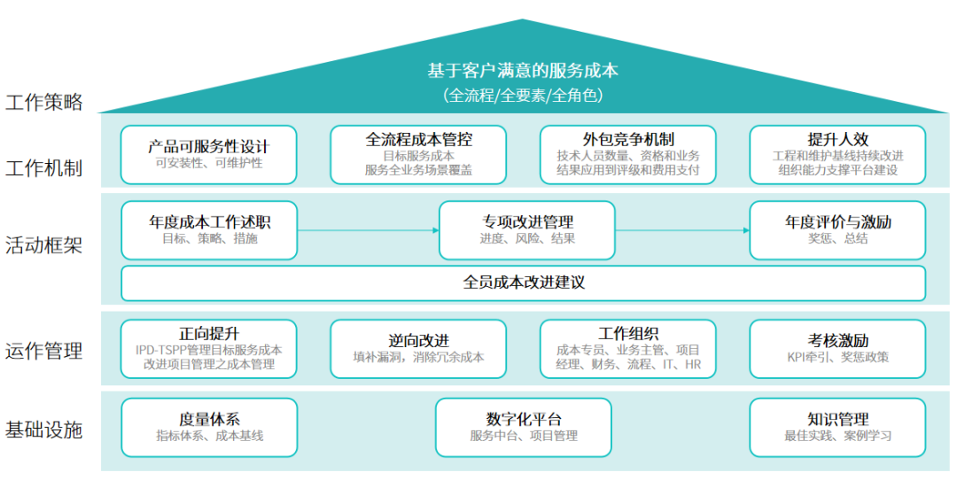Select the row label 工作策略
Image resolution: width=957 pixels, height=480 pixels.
pyautogui.click(x=44, y=102)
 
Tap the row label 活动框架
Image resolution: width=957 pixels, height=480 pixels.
pyautogui.click(x=44, y=245)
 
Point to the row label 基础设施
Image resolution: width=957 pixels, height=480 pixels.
pyautogui.click(x=44, y=430)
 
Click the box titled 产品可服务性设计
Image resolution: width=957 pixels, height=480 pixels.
pyautogui.click(x=209, y=154)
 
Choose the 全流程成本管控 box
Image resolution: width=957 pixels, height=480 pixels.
pyautogui.click(x=418, y=154)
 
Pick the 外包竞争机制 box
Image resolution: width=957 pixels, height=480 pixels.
pyautogui.click(x=628, y=154)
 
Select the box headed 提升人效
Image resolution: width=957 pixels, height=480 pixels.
pyautogui.click(x=837, y=154)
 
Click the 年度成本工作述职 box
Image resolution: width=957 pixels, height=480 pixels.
pyautogui.click(x=209, y=230)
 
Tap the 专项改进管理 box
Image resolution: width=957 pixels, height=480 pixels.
pyautogui.click(x=526, y=230)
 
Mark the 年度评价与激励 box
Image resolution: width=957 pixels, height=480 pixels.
pyautogui.click(x=837, y=230)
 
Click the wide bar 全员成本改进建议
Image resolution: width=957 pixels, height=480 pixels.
pyautogui.click(x=523, y=283)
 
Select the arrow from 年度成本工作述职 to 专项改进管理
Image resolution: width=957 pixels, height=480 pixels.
pyautogui.click(x=368, y=230)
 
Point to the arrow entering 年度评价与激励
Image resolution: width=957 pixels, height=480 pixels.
pyautogui.click(x=682, y=230)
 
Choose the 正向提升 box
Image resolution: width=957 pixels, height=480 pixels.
pyautogui.click(x=209, y=348)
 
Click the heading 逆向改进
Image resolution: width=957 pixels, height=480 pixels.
pyautogui.click(x=418, y=340)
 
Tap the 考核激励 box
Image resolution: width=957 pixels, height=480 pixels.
pyautogui.click(x=837, y=348)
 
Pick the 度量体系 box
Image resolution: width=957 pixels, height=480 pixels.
pyautogui.click(x=209, y=427)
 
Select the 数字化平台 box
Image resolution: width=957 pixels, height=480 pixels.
pyautogui.click(x=523, y=427)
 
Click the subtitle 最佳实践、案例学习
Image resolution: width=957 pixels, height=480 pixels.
pyautogui.click(x=837, y=436)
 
